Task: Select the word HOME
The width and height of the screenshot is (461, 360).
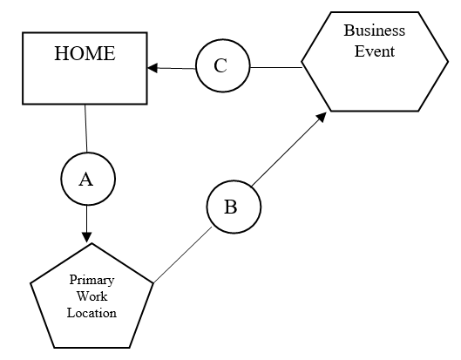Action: pos(85,53)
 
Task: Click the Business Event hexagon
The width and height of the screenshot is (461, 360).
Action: pos(375,83)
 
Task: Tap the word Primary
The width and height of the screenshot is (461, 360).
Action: pos(92,281)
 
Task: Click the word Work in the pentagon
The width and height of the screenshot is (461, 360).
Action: pos(92,296)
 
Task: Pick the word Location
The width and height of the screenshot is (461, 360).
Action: pos(92,312)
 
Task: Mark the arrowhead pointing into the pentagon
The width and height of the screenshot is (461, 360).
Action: pos(86,235)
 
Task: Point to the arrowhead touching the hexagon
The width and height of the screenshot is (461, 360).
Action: pos(322,116)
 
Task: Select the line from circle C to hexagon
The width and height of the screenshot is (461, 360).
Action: pos(275,67)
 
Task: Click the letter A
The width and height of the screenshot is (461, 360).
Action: pos(86,180)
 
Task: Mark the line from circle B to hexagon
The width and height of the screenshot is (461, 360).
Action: pos(288,152)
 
